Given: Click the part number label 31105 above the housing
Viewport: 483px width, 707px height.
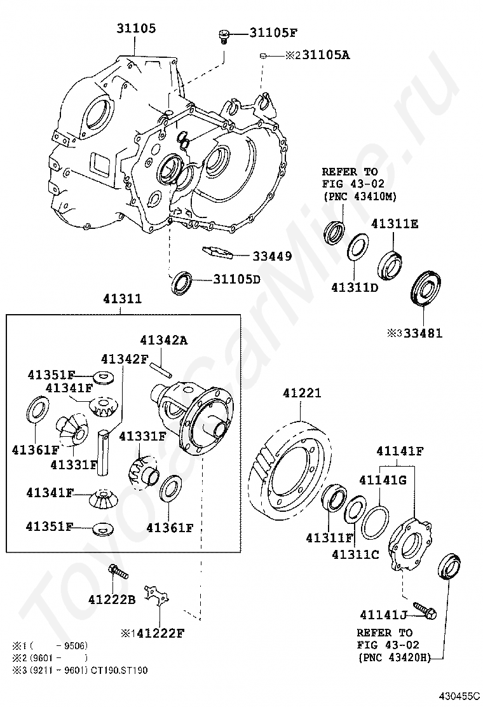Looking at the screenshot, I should tap(136, 29).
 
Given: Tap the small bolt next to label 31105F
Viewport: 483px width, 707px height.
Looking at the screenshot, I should tap(223, 35).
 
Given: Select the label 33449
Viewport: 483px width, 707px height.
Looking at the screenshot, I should tap(272, 257).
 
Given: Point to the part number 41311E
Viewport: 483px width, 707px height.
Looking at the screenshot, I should tap(395, 224).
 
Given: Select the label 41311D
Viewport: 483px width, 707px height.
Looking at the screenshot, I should tap(355, 287).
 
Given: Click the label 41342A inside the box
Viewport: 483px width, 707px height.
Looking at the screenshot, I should tap(164, 340).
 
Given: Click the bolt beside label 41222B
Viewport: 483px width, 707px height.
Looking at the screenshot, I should tap(118, 572).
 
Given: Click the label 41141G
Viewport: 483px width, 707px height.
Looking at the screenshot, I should tap(382, 480).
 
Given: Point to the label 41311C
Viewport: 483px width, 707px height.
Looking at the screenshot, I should tap(355, 554).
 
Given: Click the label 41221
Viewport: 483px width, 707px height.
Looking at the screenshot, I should tap(302, 395).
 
